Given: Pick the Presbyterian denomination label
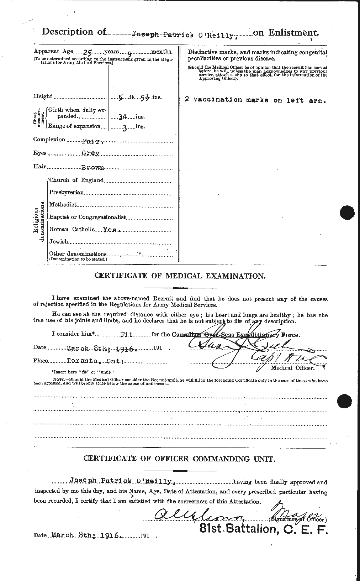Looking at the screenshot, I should click(67, 193).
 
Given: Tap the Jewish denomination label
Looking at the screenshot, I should click(59, 242).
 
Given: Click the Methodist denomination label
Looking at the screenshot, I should click(63, 205).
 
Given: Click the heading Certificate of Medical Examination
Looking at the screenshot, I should click(179, 276).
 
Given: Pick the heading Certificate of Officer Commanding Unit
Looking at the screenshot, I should click(179, 459).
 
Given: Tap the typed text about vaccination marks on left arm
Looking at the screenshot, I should click(255, 100).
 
